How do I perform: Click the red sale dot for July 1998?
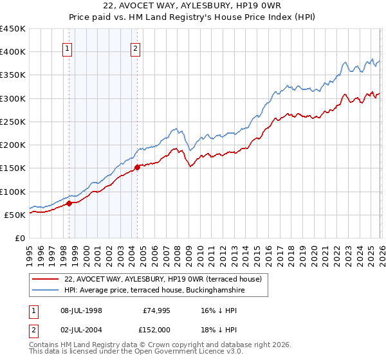click(x=69, y=204)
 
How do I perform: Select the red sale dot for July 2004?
click(x=137, y=168)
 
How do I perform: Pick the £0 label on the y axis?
click(x=20, y=238)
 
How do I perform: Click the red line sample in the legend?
click(x=46, y=280)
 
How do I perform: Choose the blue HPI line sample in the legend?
click(x=46, y=291)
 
